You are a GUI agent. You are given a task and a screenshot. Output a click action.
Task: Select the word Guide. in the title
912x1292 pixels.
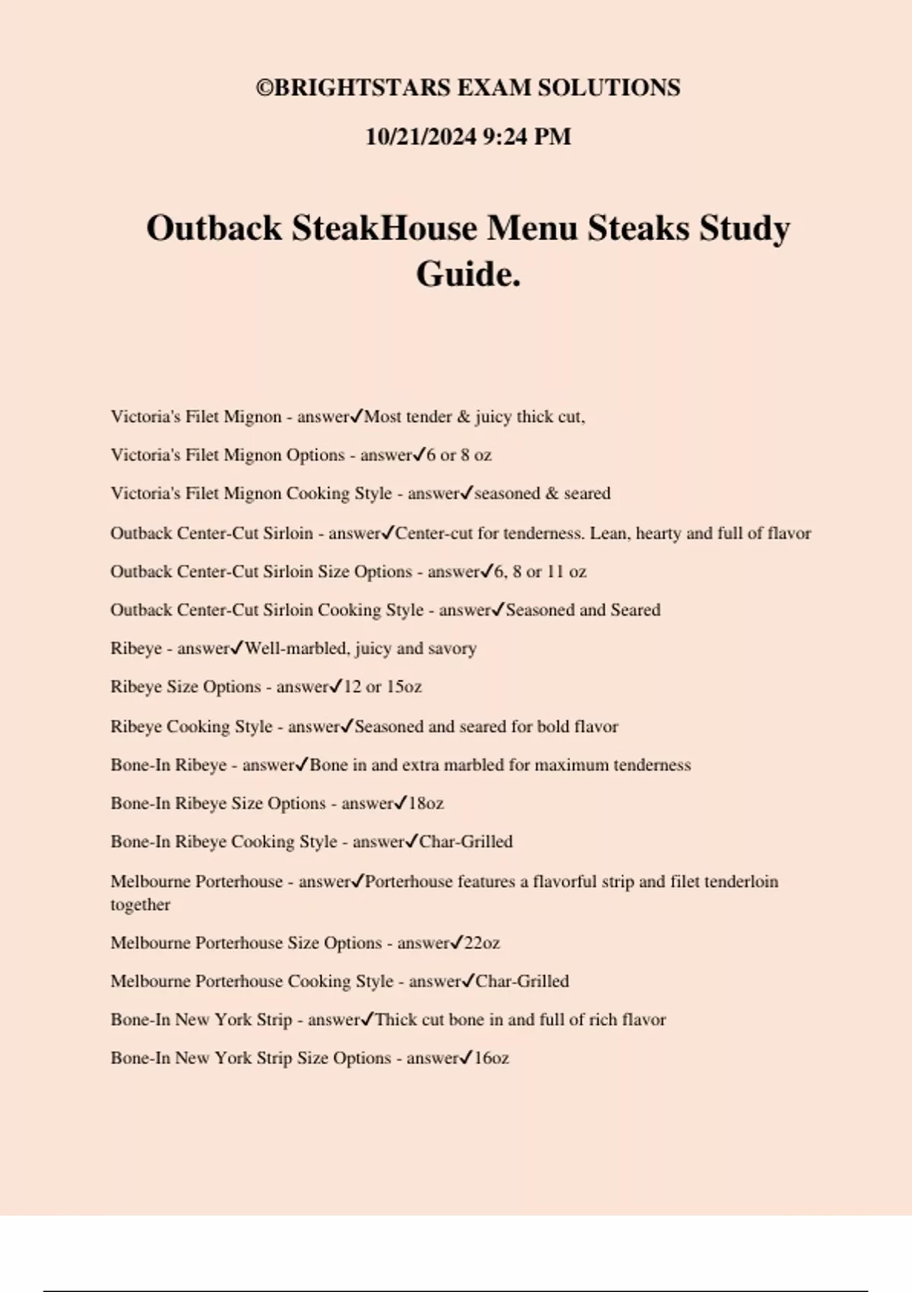pos(468,274)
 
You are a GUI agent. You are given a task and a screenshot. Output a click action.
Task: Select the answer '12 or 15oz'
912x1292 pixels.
pos(382,687)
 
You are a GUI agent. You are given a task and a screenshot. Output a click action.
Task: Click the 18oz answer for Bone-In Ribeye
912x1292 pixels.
pos(426,803)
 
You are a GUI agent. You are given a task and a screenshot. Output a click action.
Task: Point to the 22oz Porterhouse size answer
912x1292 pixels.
pos(481,943)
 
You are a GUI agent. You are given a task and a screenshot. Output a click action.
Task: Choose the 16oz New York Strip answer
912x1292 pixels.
pos(491,1058)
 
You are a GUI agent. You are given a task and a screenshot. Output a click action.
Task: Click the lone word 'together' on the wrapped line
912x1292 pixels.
pos(140,904)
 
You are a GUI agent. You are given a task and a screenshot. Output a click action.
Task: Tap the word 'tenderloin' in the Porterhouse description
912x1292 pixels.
pos(741,882)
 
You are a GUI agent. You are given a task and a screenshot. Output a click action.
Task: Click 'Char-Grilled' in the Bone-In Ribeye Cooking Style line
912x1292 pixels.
pos(466,841)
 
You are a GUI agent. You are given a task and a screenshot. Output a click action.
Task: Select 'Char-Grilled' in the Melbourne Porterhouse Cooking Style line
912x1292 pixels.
pos(522,981)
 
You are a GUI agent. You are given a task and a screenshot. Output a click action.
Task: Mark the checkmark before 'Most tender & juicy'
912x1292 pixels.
pos(356,416)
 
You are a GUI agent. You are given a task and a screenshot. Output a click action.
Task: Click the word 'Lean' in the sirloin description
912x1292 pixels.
pos(608,534)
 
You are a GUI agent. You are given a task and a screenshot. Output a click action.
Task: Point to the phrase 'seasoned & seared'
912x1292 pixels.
pos(542,493)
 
